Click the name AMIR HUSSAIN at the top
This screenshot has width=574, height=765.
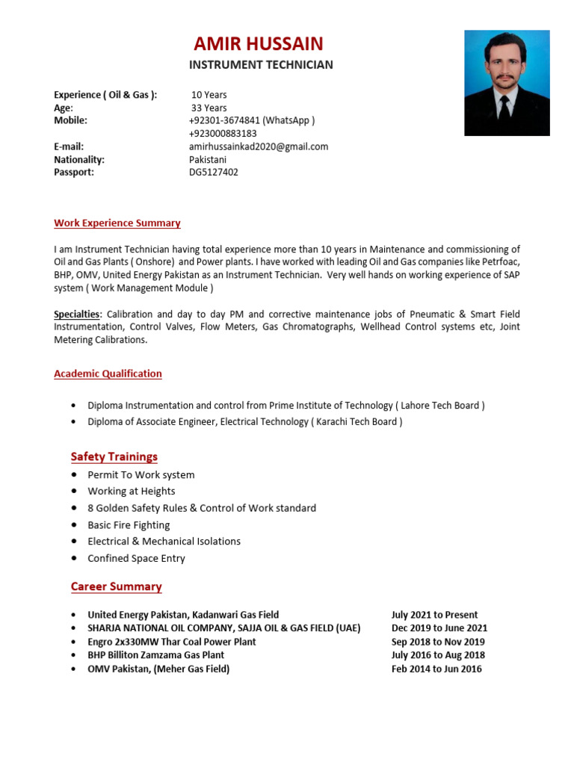pos(259,43)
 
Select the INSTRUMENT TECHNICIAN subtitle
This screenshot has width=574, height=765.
pos(261,65)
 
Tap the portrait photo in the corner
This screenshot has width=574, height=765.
pos(507,82)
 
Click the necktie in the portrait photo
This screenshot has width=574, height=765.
pos(504,112)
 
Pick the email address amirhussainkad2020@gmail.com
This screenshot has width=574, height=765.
pos(259,146)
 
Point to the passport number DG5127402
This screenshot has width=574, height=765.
pos(214,172)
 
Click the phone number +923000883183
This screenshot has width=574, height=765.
pos(223,134)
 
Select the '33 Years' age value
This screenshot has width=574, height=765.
pos(209,108)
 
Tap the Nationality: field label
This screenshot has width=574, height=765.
pos(79,159)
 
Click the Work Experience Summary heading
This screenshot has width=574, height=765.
pos(117,223)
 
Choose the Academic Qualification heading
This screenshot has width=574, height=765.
pos(108,374)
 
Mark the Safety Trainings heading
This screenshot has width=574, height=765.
pos(114,456)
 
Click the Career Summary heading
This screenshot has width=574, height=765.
pos(117,586)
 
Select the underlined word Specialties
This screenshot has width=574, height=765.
pos(76,315)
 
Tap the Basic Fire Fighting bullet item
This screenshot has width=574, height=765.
pos(129,525)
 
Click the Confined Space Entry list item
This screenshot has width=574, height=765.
pos(136,558)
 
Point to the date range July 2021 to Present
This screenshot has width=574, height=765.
pos(435,615)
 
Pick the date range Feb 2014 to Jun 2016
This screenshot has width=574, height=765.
pos(436,669)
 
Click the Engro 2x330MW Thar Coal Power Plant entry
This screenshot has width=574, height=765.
pos(172,642)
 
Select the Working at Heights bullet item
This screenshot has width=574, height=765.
pos(132,492)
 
